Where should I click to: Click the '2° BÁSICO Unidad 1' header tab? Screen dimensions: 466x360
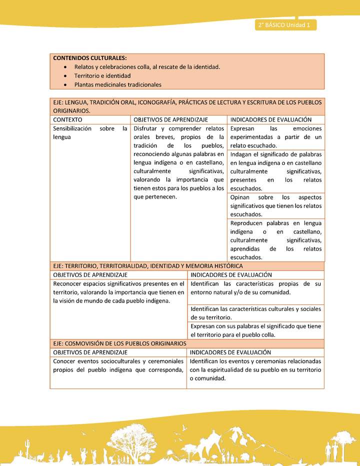[x=285, y=24]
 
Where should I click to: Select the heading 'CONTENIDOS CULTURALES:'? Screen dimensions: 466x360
[x=90, y=58]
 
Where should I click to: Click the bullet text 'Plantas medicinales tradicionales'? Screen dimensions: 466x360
[x=118, y=84]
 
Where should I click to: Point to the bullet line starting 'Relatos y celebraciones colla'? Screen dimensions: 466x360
[x=147, y=66]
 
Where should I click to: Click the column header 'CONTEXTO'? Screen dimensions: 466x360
[x=68, y=120]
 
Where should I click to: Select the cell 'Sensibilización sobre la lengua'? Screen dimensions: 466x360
[x=90, y=132]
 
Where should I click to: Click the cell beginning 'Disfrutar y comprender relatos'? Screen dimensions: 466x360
[x=178, y=162]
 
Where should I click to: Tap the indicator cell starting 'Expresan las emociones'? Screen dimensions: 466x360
[x=275, y=137]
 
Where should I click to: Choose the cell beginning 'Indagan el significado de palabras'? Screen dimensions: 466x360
[x=275, y=171]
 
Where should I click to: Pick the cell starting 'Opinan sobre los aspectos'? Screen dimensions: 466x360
[x=275, y=205]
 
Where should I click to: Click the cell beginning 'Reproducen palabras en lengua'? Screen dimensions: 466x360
[x=275, y=240]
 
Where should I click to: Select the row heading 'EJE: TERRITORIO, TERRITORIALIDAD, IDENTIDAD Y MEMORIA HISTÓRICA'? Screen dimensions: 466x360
[x=148, y=266]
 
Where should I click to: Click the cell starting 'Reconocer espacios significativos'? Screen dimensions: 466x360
[x=118, y=292]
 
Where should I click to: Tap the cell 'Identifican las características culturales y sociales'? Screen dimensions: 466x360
[x=255, y=313]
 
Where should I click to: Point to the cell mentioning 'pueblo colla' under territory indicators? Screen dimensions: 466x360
[x=255, y=330]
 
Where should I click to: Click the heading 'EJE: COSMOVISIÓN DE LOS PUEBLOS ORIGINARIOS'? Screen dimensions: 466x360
[x=119, y=343]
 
